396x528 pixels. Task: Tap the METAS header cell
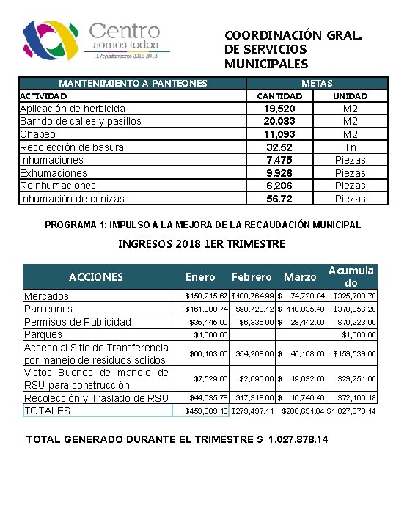(x=316, y=83)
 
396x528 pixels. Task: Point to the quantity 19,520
(x=279, y=109)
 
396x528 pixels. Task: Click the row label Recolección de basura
(x=72, y=147)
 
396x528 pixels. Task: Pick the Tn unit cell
(x=350, y=147)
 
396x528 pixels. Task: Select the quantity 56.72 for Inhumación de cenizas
(x=279, y=199)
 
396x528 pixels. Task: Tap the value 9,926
(x=279, y=173)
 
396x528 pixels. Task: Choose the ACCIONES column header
(x=96, y=276)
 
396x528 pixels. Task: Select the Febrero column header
(x=252, y=277)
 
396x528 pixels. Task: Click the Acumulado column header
(x=351, y=276)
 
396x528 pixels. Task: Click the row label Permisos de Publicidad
(x=78, y=322)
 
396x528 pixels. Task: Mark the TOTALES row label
(x=48, y=411)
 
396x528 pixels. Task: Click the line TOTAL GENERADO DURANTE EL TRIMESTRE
(x=177, y=440)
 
